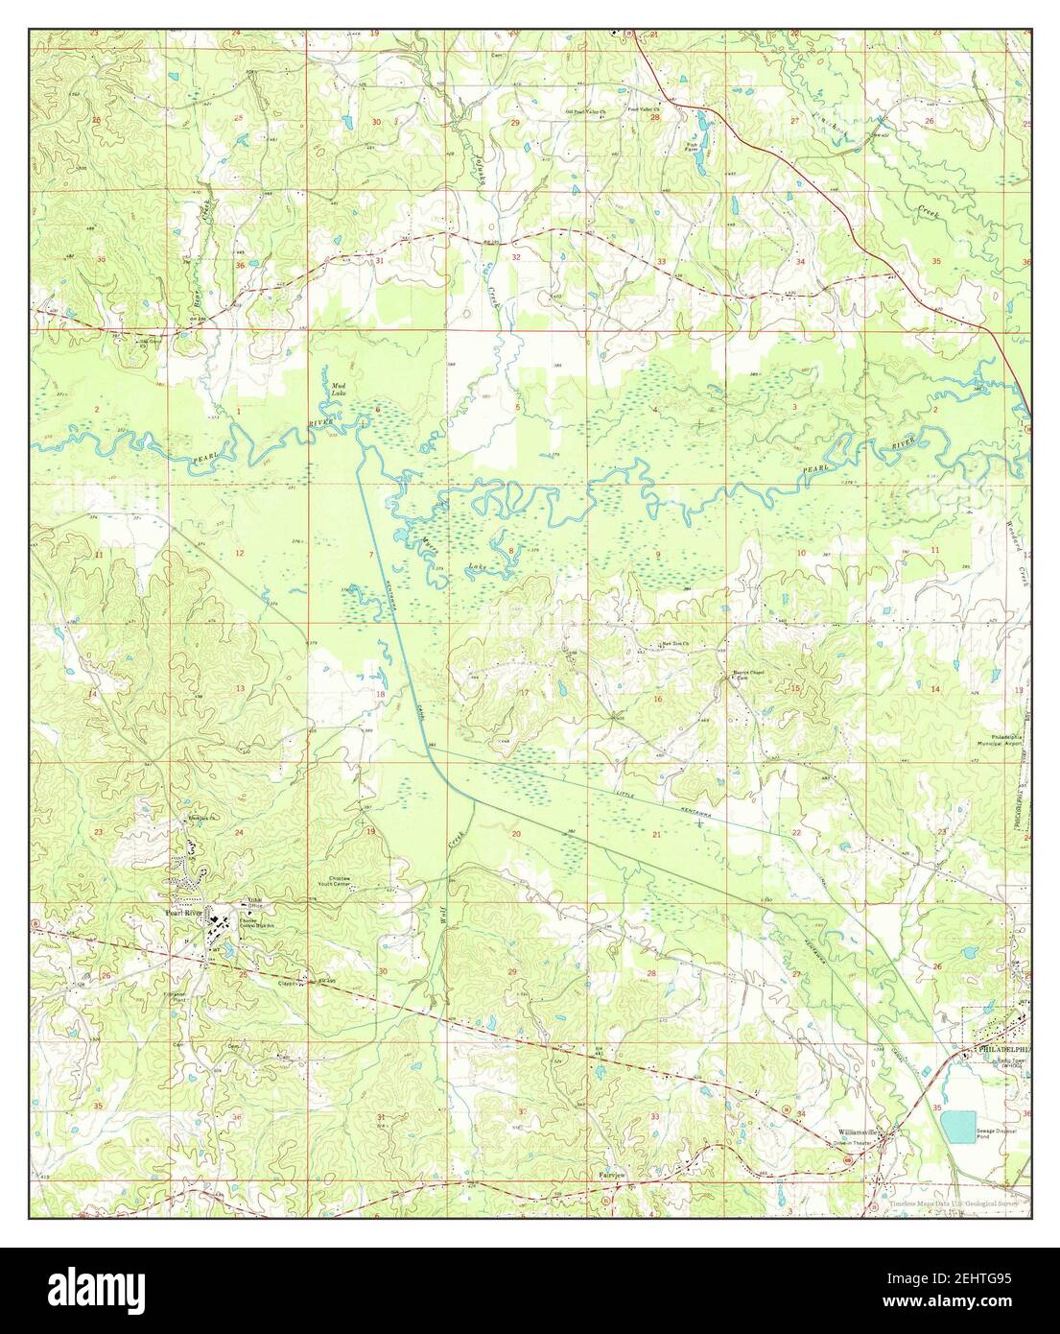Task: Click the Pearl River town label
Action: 183,913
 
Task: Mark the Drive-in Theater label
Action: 854,1144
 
